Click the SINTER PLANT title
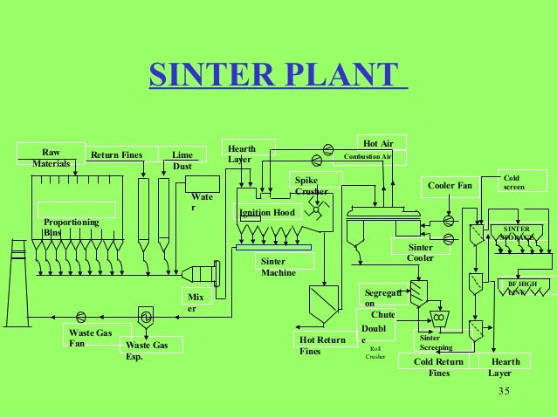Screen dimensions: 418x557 click(277, 76)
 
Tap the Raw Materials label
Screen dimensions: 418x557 click(50, 157)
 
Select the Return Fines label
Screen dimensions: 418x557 click(117, 156)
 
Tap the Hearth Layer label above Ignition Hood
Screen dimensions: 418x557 click(241, 154)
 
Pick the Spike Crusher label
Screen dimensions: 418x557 click(312, 185)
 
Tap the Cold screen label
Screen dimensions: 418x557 click(515, 183)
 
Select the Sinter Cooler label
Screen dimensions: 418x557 click(422, 253)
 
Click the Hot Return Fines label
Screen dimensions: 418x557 click(322, 345)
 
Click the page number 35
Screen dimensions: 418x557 click(502, 390)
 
